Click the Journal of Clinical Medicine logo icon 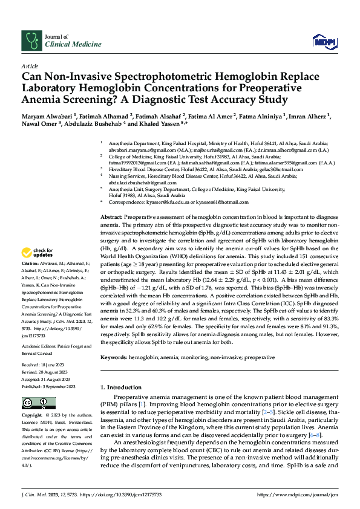pyautogui.click(x=30, y=40)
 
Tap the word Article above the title pyautogui.click(x=29, y=65)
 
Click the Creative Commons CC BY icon pyautogui.click(x=34, y=403)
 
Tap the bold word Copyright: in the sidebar pyautogui.click(x=31, y=416)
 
